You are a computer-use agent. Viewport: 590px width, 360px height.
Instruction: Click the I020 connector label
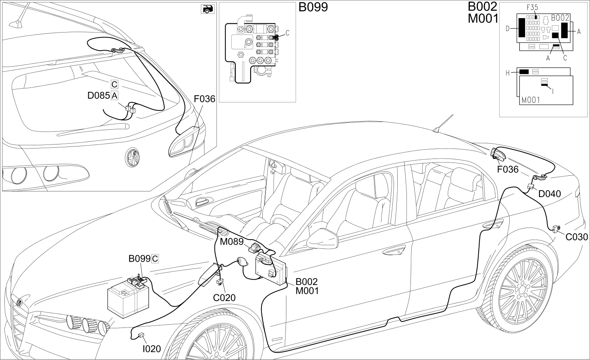click(152, 349)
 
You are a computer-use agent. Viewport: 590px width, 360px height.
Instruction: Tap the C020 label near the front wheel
click(224, 298)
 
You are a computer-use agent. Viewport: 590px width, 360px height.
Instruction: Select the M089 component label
click(231, 242)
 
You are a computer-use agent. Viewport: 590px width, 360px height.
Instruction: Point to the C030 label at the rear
click(577, 237)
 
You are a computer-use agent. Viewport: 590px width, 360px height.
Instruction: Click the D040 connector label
click(549, 194)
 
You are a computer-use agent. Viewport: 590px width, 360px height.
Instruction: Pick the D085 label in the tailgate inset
click(98, 96)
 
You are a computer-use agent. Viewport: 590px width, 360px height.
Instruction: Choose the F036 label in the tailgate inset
click(204, 99)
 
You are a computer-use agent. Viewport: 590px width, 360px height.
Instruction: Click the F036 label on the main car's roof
click(508, 169)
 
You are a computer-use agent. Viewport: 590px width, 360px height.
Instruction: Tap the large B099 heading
click(313, 7)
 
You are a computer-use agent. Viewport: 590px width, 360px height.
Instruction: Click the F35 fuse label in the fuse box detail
click(532, 8)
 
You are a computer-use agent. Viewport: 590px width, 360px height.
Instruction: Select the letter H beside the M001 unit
click(508, 73)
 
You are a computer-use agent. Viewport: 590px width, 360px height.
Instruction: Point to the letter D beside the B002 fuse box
click(508, 28)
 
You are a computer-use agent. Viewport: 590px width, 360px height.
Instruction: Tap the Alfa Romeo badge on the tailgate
click(132, 157)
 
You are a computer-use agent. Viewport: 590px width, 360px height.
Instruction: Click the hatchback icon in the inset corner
click(208, 9)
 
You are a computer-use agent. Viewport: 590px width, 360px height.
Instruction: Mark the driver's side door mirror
click(323, 239)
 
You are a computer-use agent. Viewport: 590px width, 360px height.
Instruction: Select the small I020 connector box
click(141, 335)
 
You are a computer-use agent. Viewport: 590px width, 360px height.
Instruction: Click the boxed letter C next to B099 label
click(155, 259)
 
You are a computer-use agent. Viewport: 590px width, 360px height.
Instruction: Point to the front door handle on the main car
click(394, 250)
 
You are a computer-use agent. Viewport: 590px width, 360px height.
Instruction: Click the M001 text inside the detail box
click(531, 100)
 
